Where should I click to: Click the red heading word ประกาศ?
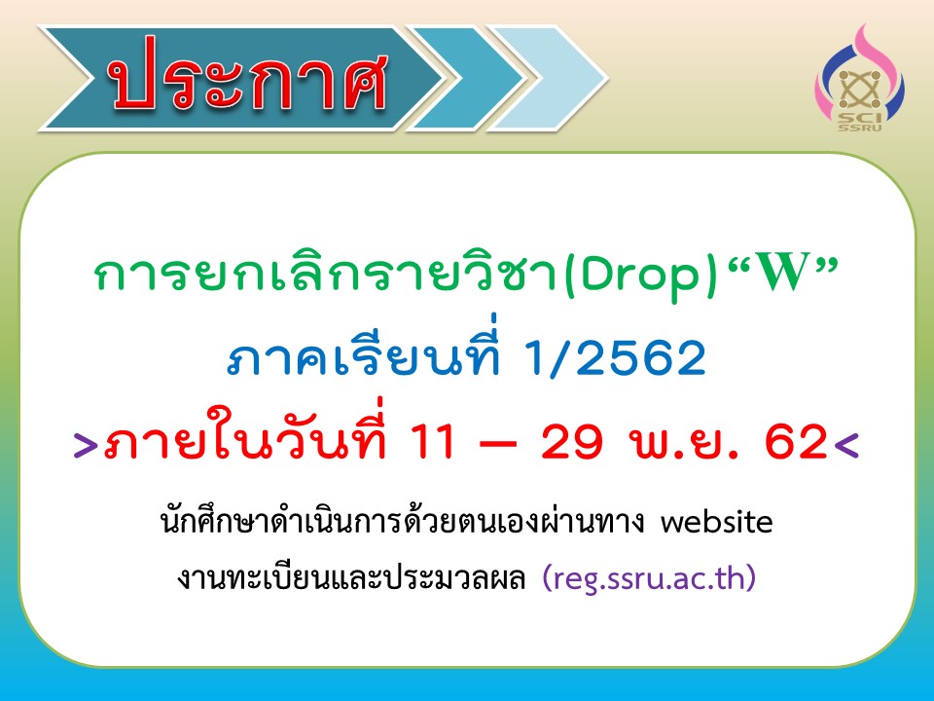click(249, 76)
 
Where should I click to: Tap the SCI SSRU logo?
click(859, 78)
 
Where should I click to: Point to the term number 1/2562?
click(615, 359)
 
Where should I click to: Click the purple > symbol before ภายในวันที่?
click(86, 445)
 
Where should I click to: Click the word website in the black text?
click(717, 522)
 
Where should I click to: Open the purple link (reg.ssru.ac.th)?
click(650, 577)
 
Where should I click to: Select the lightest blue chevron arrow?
click(548, 78)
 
